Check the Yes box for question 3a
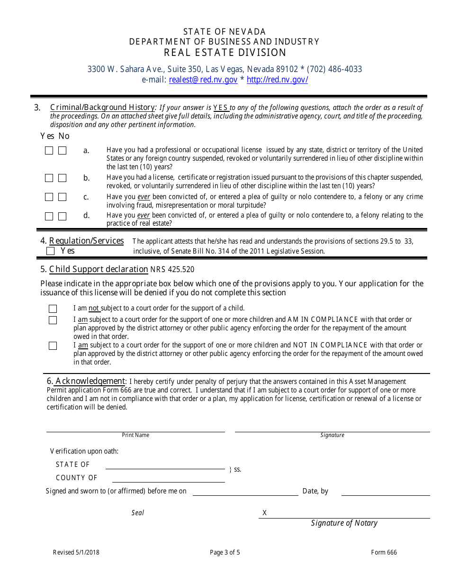pos(49,151)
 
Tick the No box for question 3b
pos(62,178)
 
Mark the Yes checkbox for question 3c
pos(49,197)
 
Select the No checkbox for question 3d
pos(62,217)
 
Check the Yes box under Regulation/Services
pos(51,251)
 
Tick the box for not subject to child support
pos(53,309)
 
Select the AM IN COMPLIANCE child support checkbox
pos(53,320)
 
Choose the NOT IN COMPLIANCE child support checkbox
pos(53,346)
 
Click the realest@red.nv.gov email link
pos(203,80)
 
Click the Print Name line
pos(135,428)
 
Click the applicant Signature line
pos(332,428)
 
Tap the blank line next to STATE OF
pos(165,465)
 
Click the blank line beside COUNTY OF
pos(165,479)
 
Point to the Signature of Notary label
pos(344,523)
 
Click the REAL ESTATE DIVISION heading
pos(225,53)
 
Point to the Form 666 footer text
pos(384,552)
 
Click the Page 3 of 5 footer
pos(225,552)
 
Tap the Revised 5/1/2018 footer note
pos(76,552)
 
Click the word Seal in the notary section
pos(138,513)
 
